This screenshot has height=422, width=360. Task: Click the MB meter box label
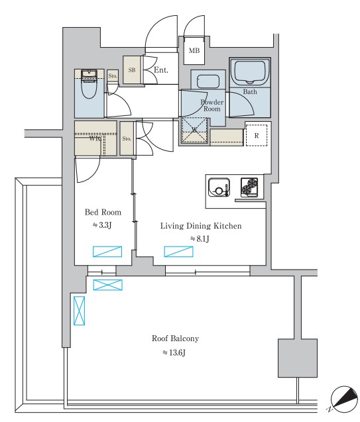click(194, 50)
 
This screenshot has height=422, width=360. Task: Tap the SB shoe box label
click(132, 70)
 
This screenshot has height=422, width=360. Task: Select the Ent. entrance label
click(161, 70)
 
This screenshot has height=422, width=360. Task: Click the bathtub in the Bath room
click(250, 72)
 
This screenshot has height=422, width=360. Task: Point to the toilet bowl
click(89, 87)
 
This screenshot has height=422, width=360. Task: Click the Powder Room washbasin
click(208, 81)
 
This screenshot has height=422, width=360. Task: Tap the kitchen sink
click(219, 187)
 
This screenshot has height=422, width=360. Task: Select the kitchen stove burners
click(249, 186)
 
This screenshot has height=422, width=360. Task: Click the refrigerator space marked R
click(257, 135)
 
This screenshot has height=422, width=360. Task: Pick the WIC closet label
click(95, 139)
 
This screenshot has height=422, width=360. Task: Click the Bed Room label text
click(103, 212)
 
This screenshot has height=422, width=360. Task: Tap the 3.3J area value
click(102, 225)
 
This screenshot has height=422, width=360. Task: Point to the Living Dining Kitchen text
click(201, 225)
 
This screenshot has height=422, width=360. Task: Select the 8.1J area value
click(200, 238)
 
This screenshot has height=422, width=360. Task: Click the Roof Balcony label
click(175, 339)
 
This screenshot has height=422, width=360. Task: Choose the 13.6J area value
click(174, 352)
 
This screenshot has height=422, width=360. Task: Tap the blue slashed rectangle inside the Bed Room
click(107, 252)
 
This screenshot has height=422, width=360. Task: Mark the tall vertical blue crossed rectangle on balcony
click(79, 311)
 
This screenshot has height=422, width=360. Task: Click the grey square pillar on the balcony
click(298, 358)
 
